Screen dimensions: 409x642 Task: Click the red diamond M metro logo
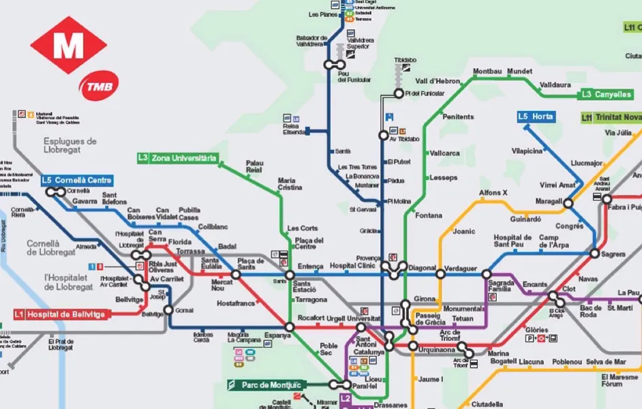click(x=68, y=45)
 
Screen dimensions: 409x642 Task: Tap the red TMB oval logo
click(x=99, y=84)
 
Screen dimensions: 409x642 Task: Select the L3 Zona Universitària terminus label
click(x=177, y=158)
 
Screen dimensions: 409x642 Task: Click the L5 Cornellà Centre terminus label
click(x=67, y=181)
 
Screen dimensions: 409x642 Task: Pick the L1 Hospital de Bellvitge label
click(x=60, y=314)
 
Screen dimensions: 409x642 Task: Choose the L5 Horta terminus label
click(x=536, y=117)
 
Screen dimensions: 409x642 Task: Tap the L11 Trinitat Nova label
click(x=611, y=118)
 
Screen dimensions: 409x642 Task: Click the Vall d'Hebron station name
click(x=438, y=81)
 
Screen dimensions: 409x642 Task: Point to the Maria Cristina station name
click(x=291, y=184)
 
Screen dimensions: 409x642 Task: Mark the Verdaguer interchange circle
click(x=441, y=275)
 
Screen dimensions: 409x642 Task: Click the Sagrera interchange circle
click(x=595, y=254)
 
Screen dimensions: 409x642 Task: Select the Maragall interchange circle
click(x=568, y=202)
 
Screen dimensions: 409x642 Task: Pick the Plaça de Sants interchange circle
click(x=236, y=275)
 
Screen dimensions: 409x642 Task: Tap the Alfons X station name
click(x=493, y=193)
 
